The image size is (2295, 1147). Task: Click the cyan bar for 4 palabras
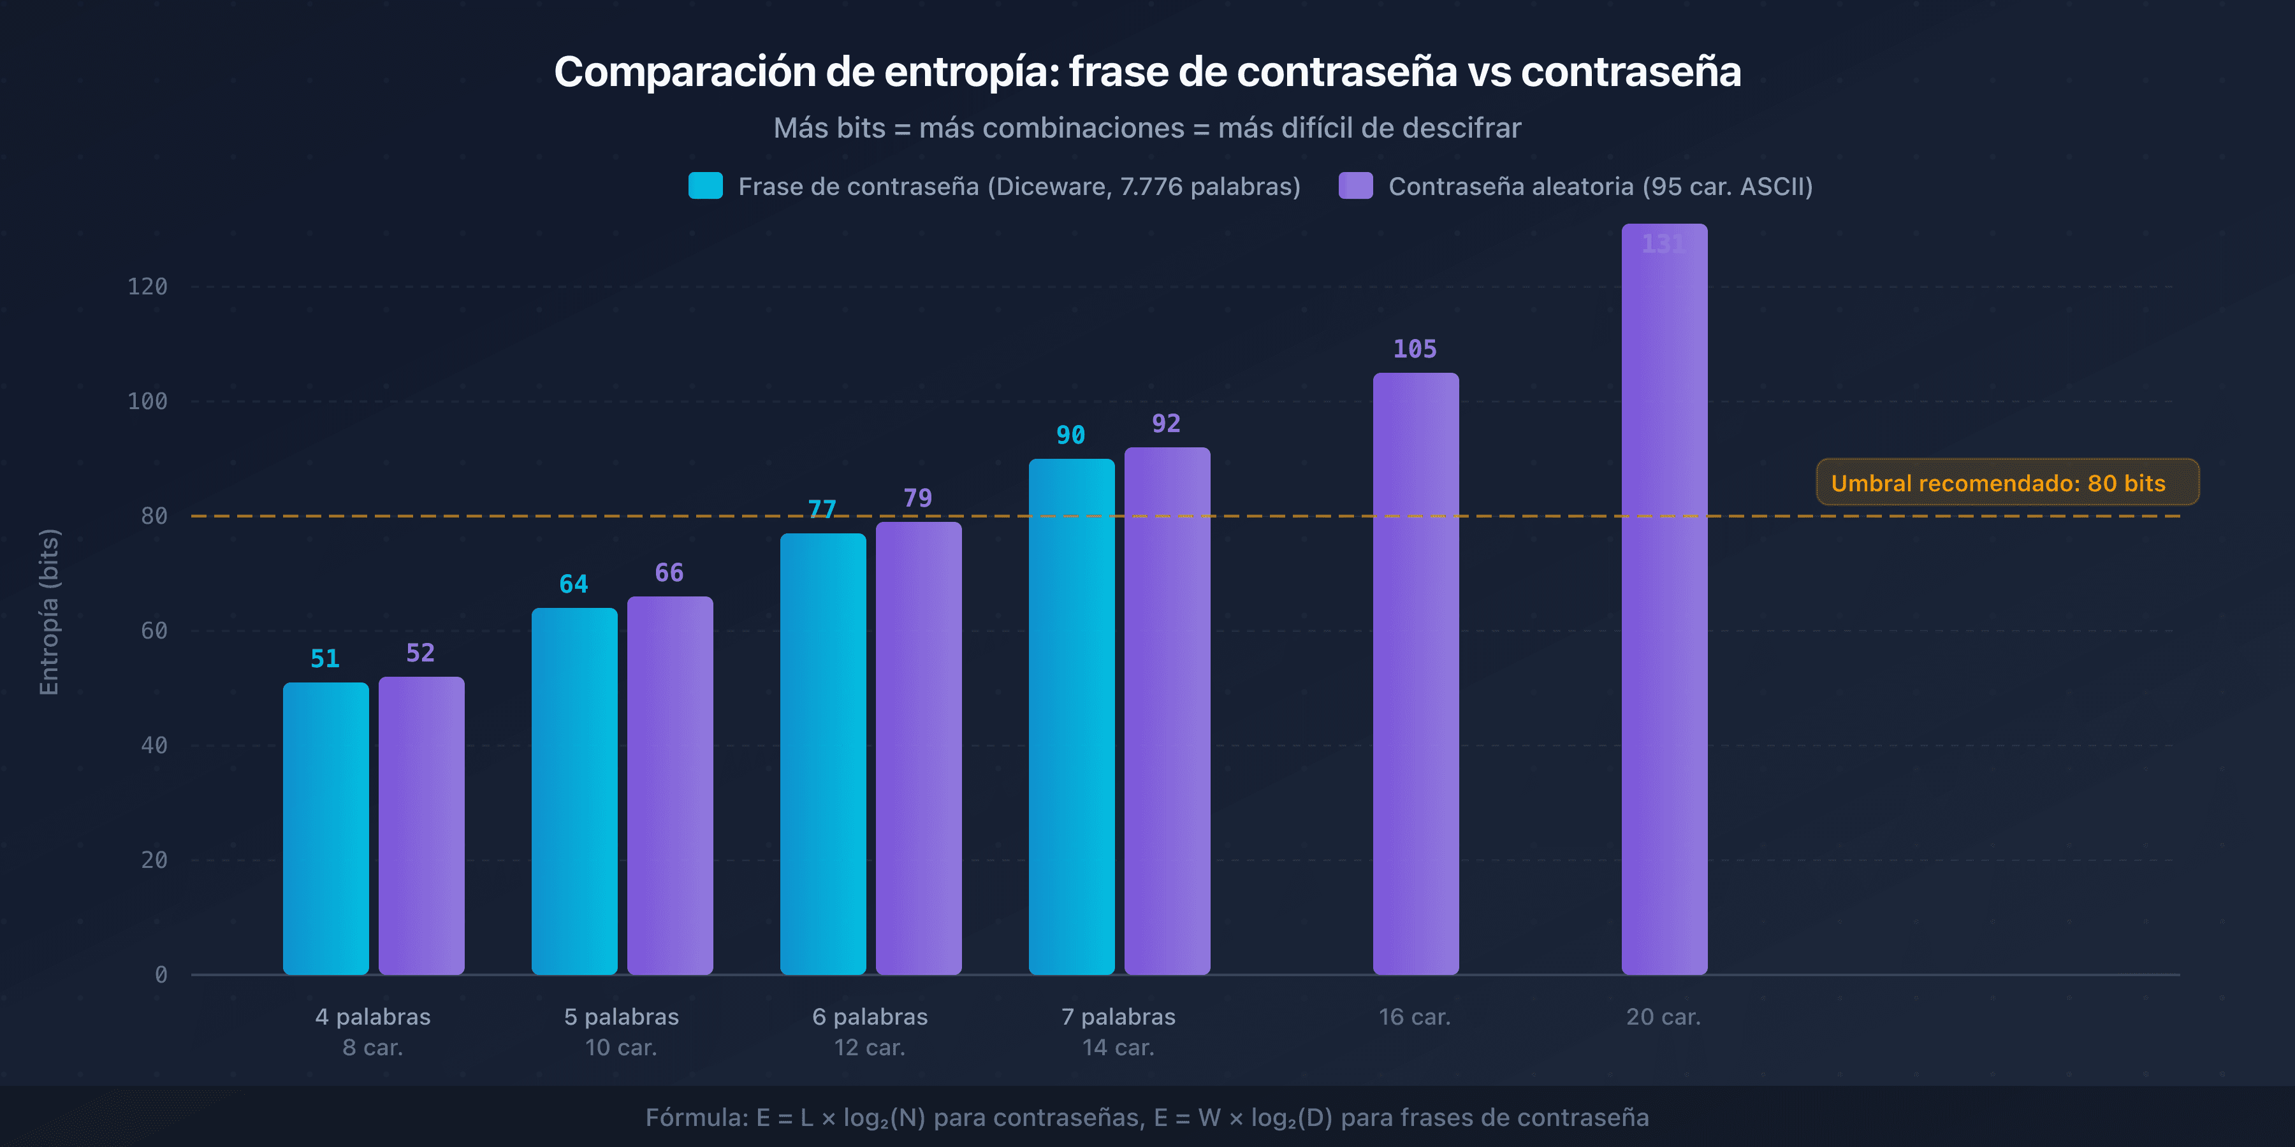tap(325, 828)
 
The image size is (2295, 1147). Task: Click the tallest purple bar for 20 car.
tap(1665, 605)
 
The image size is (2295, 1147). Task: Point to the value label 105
tap(1415, 349)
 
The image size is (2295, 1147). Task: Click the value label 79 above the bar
tap(917, 498)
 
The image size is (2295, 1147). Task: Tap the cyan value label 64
tap(574, 584)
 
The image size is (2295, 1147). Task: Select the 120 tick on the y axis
tap(147, 287)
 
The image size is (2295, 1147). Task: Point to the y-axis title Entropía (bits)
tap(49, 612)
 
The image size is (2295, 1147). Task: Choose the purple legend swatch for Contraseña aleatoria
tap(1355, 186)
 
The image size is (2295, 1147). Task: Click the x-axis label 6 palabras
tap(870, 1017)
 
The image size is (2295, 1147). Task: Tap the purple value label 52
tap(421, 653)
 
